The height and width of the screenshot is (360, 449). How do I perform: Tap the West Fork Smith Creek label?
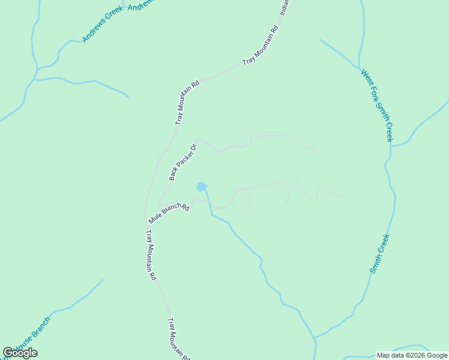point(376,105)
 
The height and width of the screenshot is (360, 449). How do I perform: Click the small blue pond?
point(202,187)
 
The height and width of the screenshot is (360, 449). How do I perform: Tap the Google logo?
point(20,353)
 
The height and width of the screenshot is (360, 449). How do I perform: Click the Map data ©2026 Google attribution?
point(412,355)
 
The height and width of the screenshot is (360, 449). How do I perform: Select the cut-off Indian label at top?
point(284,8)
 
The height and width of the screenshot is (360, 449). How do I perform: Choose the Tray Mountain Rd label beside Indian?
point(261,45)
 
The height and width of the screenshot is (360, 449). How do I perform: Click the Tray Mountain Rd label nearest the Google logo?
point(178,336)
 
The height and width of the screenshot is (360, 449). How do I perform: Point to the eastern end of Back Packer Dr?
point(320,152)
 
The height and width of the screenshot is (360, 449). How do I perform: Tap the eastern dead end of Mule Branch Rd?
point(344,196)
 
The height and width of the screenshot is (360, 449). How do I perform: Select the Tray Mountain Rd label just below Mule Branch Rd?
point(151,254)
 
